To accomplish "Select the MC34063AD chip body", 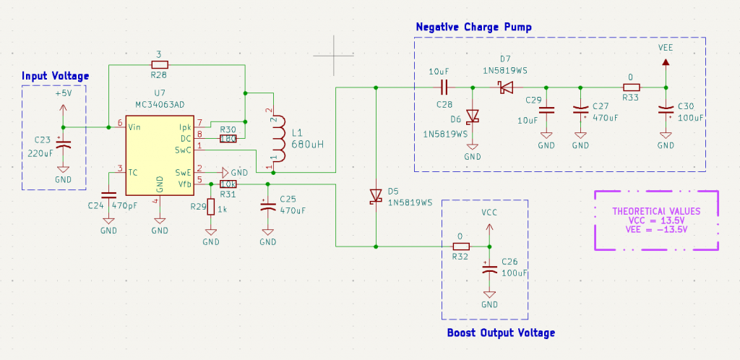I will [x=159, y=155].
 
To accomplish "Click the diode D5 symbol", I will [x=376, y=196].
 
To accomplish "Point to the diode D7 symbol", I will [x=504, y=87].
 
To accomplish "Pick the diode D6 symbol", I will [x=473, y=116].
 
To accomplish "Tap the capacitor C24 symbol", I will [x=108, y=195].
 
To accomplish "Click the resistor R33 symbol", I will [x=631, y=87].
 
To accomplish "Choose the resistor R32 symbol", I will [x=460, y=246].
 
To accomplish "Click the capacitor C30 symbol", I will [x=665, y=111].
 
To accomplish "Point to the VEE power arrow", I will [x=666, y=64].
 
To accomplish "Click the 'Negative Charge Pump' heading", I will [x=473, y=27].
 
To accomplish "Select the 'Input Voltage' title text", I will [x=55, y=76].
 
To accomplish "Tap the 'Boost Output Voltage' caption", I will [x=501, y=333].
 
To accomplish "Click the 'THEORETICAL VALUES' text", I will [x=656, y=211].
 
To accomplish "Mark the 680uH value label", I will [x=309, y=144].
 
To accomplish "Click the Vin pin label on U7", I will [x=134, y=127].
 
